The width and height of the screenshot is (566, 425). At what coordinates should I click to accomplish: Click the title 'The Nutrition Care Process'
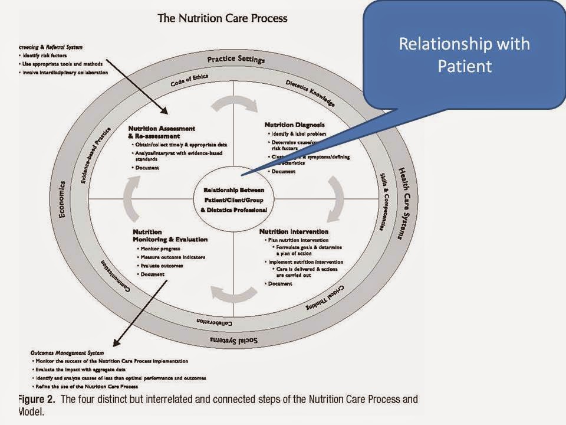pos(222,18)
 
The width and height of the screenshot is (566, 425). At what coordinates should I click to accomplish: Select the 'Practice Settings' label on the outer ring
pos(236,60)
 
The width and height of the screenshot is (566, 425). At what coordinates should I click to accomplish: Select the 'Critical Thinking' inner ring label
pos(328,299)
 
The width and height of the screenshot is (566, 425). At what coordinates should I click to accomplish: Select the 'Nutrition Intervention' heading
pos(294,231)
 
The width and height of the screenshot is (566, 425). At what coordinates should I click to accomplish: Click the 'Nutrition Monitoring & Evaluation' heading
pos(169,236)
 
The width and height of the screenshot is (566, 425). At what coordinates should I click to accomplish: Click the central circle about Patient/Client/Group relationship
pos(233,200)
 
